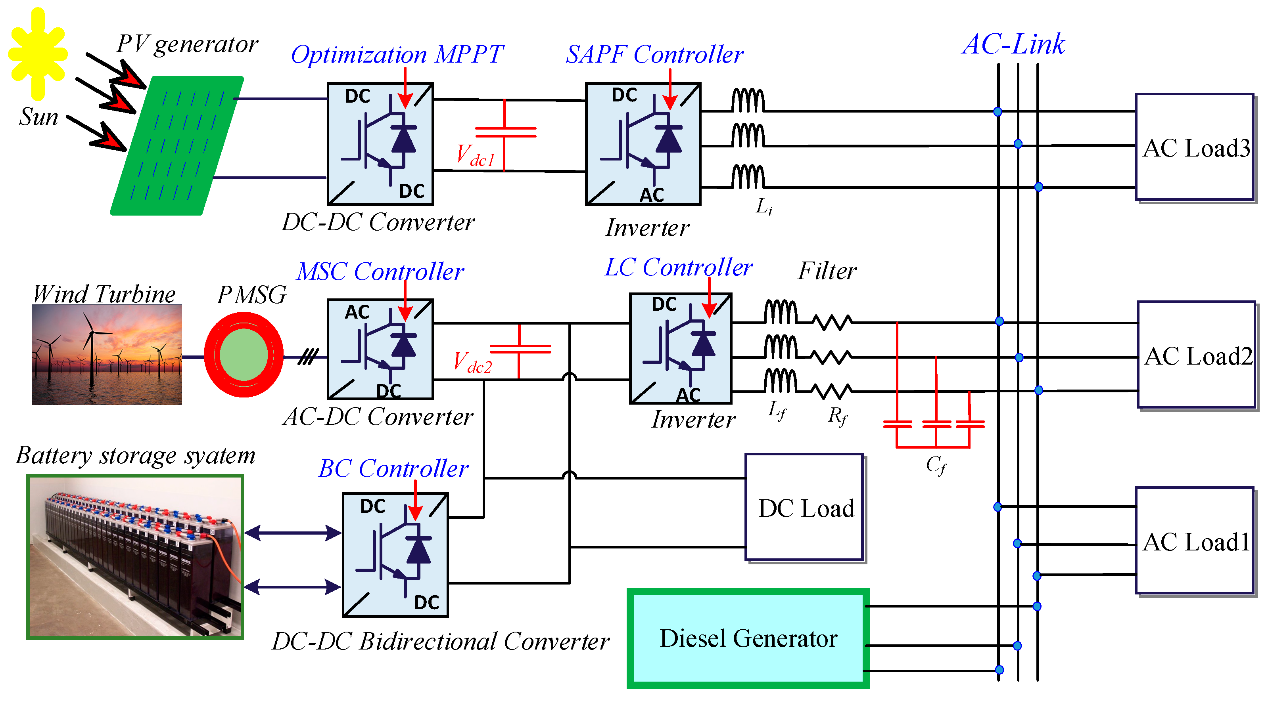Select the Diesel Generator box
pyautogui.click(x=747, y=638)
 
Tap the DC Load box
pyautogui.click(x=804, y=507)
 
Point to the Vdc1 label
pyautogui.click(x=474, y=155)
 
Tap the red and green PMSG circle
pyautogui.click(x=243, y=354)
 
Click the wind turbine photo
pyautogui.click(x=106, y=354)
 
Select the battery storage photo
pyautogui.click(x=135, y=557)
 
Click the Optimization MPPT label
pyautogui.click(x=397, y=54)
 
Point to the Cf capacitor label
pyautogui.click(x=935, y=464)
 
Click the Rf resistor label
pyautogui.click(x=837, y=416)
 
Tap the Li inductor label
pyautogui.click(x=763, y=206)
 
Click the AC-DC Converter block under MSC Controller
pyautogui.click(x=380, y=349)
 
